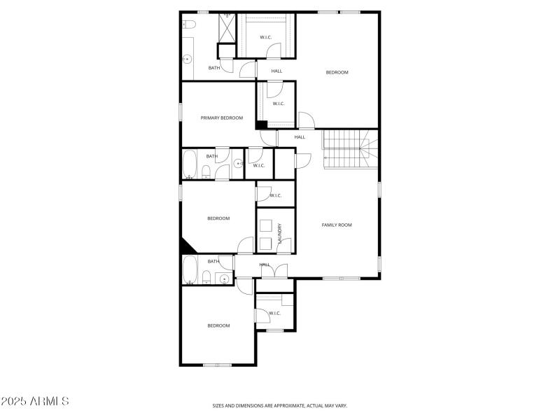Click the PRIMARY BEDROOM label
pos(222,118)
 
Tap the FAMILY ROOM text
pos(336,225)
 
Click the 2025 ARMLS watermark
pos(35,402)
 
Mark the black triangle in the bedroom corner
pos(187,246)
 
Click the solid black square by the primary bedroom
pos(262,125)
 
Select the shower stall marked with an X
pos(227,28)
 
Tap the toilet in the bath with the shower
pos(188,25)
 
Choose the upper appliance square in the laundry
pos(266,225)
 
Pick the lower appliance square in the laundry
pos(266,243)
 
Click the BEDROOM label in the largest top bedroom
pos(337,72)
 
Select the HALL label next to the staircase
pos(300,137)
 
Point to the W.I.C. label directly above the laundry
pos(275,195)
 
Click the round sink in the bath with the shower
pos(188,59)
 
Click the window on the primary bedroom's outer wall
pos(181,112)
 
